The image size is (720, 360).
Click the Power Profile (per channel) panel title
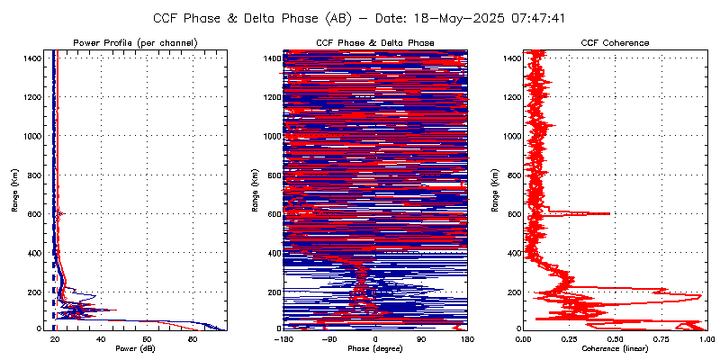(135, 43)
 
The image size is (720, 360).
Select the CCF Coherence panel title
(616, 43)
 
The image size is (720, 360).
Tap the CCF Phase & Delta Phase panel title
(375, 43)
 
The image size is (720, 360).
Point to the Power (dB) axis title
(135, 349)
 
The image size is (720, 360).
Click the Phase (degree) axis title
(375, 349)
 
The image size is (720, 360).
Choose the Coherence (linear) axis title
(616, 349)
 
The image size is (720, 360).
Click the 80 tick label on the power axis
(193, 339)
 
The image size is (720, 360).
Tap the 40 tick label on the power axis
(101, 339)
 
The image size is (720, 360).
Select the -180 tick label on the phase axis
(283, 339)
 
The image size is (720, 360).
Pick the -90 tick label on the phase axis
(329, 339)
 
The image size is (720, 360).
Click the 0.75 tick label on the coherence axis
(661, 339)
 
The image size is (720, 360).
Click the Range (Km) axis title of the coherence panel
(494, 192)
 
